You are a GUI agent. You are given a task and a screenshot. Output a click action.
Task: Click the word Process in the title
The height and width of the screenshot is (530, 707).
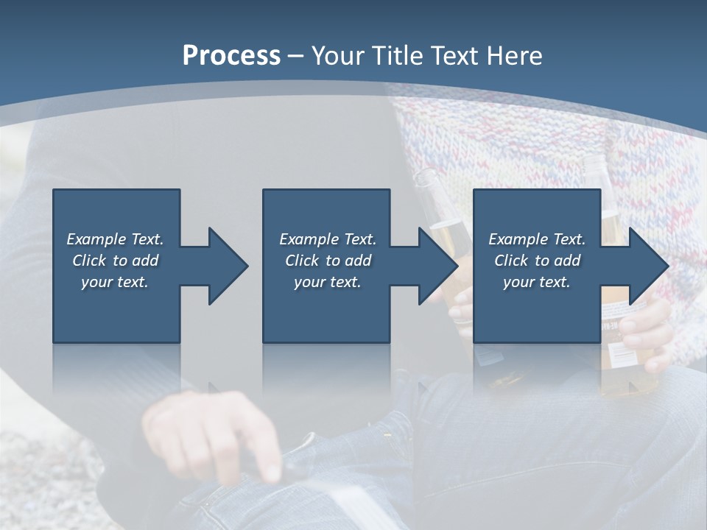(231, 56)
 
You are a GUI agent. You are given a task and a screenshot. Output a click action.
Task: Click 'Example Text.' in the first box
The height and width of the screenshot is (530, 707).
(115, 239)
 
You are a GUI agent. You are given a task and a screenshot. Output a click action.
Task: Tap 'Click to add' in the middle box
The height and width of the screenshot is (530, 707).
(328, 261)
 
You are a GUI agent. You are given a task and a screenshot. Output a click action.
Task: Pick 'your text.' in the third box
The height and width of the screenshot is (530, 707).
(537, 282)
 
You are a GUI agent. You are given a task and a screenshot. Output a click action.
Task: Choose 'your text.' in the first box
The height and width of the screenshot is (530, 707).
(115, 282)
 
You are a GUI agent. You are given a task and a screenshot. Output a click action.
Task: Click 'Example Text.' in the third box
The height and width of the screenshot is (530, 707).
(537, 239)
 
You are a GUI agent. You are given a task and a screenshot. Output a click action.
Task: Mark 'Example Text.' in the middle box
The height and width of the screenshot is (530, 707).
(328, 239)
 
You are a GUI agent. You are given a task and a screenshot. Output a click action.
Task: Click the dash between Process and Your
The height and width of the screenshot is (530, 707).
(295, 56)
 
